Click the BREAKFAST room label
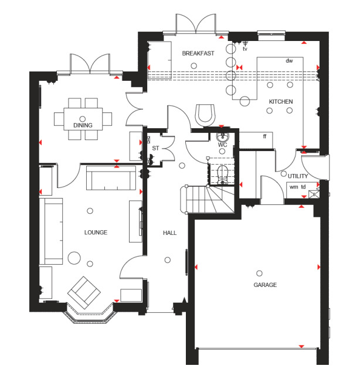pos(198,53)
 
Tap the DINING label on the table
pos(83,125)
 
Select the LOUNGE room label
pos(96,233)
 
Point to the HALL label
pos(169,233)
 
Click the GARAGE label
pos(265,285)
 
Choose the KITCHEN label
pos(281,102)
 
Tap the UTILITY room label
pos(298,176)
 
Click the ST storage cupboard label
pos(155,148)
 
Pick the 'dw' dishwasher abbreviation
pos(289,61)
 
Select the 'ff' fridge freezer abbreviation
pos(264,136)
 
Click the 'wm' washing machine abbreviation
pos(294,187)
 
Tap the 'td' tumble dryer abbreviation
pos(303,187)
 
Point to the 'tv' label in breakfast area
pos(245,49)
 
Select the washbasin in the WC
pos(223,137)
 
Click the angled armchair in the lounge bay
pos(84,293)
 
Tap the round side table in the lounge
pos(74,258)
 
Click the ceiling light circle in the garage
pos(259,273)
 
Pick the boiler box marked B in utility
pos(314,194)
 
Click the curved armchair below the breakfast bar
pos(205,115)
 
